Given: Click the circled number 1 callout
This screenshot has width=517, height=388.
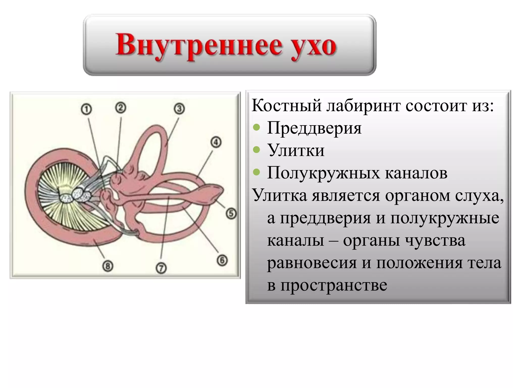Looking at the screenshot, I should [86, 110].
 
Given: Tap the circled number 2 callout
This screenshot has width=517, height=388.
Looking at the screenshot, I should [121, 108].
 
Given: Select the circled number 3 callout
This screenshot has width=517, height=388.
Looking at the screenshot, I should [179, 109].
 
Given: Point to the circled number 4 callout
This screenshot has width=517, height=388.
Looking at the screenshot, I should [216, 142].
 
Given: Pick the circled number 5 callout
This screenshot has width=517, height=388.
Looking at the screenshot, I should [231, 213].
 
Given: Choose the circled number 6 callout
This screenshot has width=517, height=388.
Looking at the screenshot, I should [222, 260].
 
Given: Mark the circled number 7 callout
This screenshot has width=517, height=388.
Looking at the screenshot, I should [161, 268].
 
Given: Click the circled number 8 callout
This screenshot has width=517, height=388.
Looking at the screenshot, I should [108, 266].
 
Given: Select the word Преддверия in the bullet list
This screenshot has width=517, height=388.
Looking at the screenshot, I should [314, 128].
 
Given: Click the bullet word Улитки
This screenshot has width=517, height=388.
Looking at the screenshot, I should [296, 150].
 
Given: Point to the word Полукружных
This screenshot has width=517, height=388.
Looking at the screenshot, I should [323, 173].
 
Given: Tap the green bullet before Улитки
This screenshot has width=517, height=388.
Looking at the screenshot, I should [256, 150].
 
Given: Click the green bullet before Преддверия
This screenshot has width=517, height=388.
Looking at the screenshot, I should [256, 127].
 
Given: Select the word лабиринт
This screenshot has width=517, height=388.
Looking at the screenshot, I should [363, 106].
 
